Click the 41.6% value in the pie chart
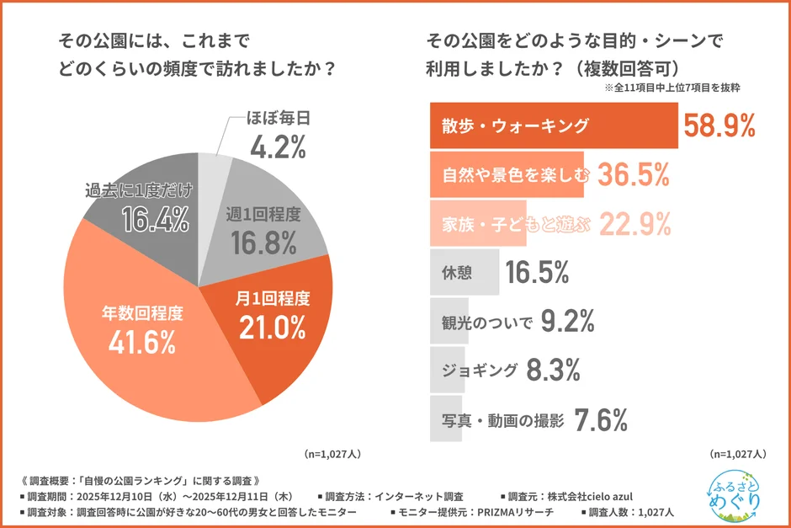click(x=141, y=341)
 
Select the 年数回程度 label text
click(x=142, y=313)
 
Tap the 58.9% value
click(x=719, y=126)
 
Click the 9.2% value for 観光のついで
click(x=567, y=321)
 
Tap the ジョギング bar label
click(x=477, y=370)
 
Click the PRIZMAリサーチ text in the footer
click(x=517, y=512)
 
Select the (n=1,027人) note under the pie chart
click(x=332, y=453)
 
